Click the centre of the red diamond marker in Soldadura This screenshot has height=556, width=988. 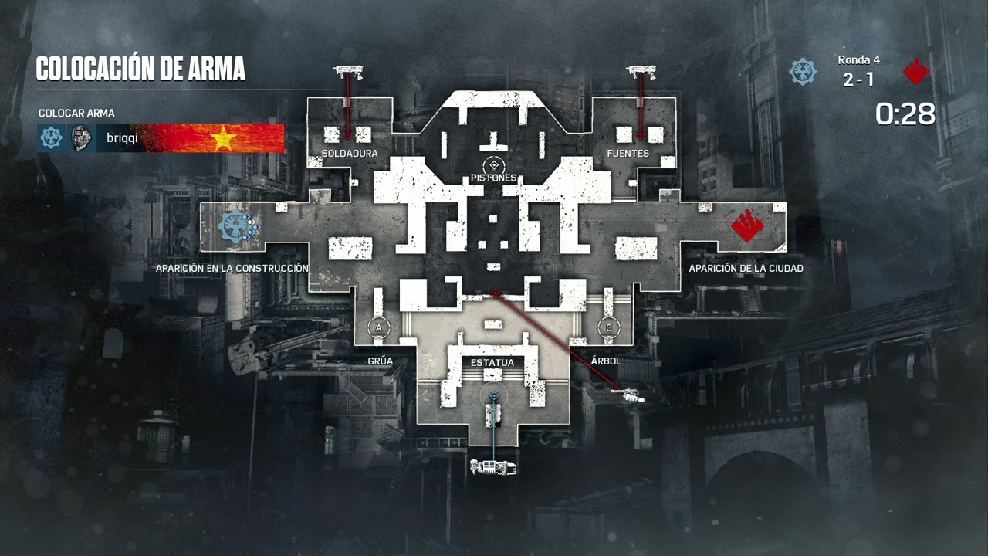click(347, 134)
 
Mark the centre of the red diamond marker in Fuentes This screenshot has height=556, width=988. click(641, 134)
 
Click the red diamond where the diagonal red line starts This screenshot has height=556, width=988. click(495, 293)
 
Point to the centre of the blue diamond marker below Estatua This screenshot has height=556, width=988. click(495, 396)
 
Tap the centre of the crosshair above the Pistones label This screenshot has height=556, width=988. click(493, 165)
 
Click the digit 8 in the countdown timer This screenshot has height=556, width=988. click(925, 114)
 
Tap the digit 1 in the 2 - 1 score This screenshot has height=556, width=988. click(869, 80)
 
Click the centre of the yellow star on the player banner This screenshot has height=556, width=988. click(223, 137)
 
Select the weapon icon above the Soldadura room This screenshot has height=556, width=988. click(348, 72)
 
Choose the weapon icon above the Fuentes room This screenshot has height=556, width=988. click(641, 72)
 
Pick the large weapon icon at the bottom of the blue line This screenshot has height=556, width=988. click(493, 467)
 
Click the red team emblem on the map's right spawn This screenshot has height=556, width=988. click(747, 225)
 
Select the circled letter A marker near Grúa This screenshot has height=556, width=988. click(378, 328)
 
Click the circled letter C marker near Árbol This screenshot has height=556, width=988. click(609, 328)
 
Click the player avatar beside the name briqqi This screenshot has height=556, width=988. click(81, 137)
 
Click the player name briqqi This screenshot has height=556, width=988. click(122, 138)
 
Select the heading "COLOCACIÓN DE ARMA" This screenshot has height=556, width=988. click(140, 69)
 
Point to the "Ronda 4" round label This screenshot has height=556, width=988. click(859, 60)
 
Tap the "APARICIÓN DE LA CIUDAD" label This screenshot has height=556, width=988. click(746, 268)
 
